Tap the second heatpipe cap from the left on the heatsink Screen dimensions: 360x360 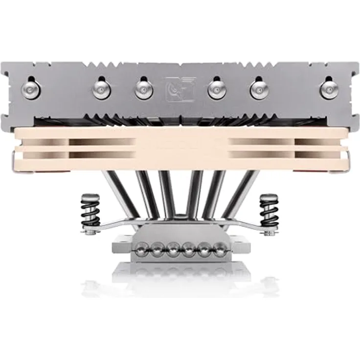pyautogui.click(x=101, y=90)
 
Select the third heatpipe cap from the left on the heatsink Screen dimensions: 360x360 pyautogui.click(x=144, y=90)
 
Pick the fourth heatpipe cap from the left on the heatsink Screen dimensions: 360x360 pyautogui.click(x=216, y=90)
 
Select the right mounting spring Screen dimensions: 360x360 pyautogui.click(x=269, y=211)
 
